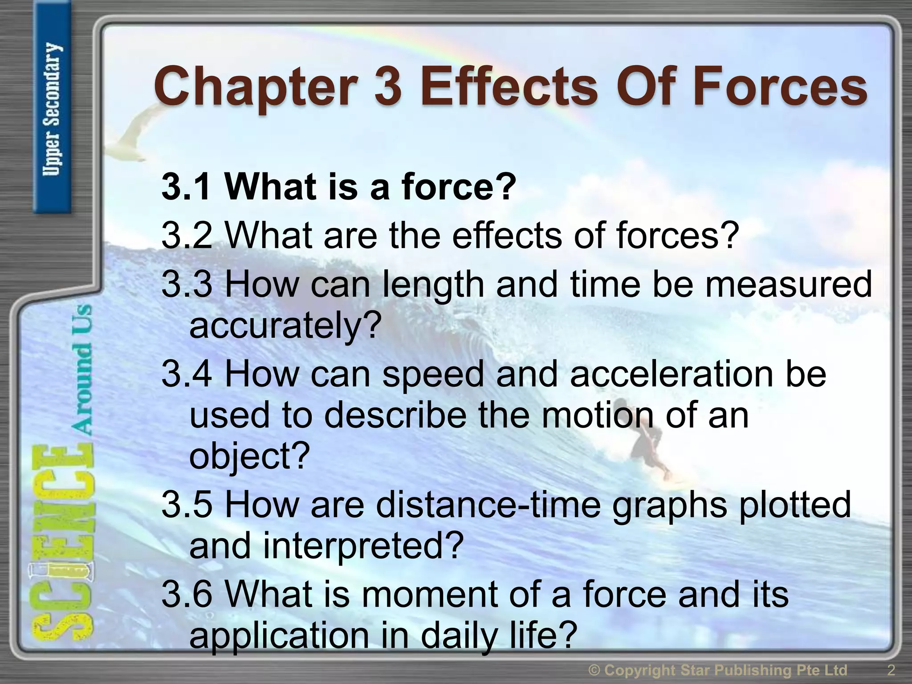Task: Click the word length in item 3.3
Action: coord(432,285)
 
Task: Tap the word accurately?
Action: coord(285,325)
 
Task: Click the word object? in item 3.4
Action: coord(249,457)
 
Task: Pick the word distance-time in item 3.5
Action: coord(488,505)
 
